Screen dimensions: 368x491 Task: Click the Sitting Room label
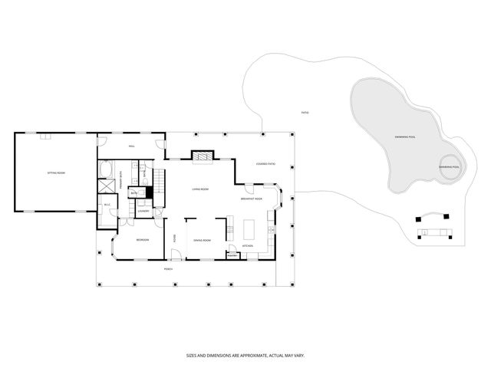click(x=56, y=173)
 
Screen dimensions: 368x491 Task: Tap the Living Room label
click(x=201, y=189)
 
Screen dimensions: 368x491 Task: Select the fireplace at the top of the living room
click(x=201, y=156)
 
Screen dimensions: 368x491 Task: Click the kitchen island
click(x=248, y=228)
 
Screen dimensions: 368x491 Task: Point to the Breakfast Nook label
click(x=252, y=198)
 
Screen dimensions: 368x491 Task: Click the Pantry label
click(x=232, y=255)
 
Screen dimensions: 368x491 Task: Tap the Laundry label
click(x=143, y=210)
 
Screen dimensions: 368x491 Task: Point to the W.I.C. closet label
click(x=107, y=205)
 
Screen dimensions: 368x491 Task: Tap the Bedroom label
click(x=142, y=240)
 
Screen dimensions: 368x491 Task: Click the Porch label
click(x=168, y=269)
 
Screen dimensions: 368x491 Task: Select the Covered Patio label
click(x=265, y=163)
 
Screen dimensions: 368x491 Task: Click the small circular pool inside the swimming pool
click(x=449, y=167)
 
